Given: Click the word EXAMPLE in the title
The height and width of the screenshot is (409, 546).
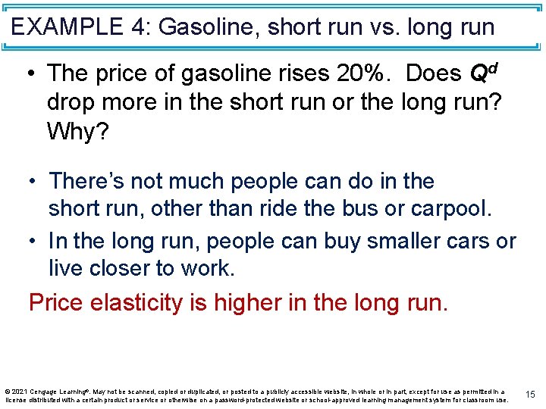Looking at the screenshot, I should pos(68,28).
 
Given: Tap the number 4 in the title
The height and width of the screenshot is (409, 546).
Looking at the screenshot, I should pos(139,28).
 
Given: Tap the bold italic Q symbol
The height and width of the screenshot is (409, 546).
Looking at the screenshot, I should pos(479,74).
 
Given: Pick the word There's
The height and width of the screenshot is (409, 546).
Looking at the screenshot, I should pos(89,182).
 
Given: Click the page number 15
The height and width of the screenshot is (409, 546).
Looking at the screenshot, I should pos(530,395).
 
